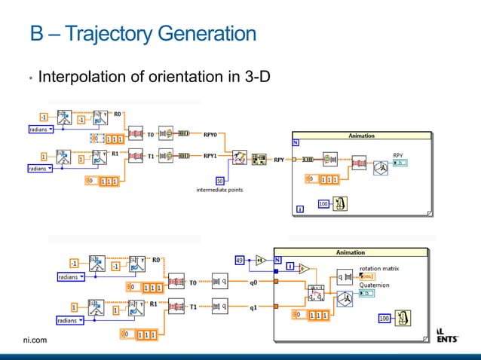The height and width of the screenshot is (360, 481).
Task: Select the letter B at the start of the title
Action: [x=38, y=35]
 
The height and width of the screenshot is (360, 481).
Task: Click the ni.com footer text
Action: [x=35, y=340]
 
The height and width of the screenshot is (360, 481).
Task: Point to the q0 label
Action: [x=254, y=283]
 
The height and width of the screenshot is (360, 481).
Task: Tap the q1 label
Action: [x=254, y=306]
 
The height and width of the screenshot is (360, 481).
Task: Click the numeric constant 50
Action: [x=220, y=180]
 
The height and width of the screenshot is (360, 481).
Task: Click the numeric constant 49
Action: [x=240, y=260]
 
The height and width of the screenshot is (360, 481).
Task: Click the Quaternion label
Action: [x=375, y=285]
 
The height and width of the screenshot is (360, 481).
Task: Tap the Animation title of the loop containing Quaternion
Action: [x=350, y=252]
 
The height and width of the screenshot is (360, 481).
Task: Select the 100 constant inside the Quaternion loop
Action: [x=384, y=319]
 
